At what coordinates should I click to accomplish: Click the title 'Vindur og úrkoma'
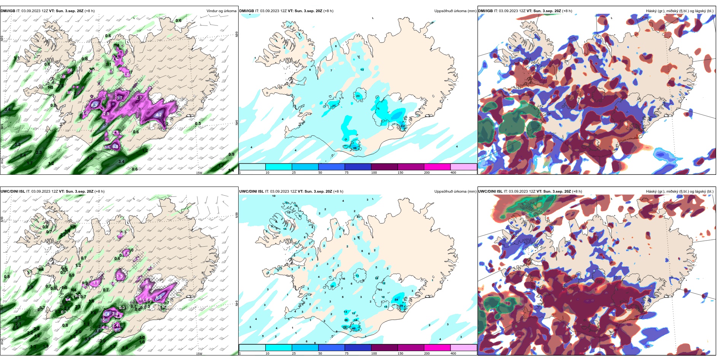pos(221,11)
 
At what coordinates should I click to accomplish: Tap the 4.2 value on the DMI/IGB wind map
pos(159,115)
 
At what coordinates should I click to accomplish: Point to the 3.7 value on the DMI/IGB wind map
pos(119,98)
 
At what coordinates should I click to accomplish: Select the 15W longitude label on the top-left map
pos(199,173)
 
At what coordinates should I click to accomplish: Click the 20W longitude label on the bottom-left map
pos(99,353)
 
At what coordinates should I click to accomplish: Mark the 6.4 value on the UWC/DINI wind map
pos(159,297)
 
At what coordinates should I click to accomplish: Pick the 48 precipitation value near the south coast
pos(355,148)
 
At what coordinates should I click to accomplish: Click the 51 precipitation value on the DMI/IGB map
pos(403,127)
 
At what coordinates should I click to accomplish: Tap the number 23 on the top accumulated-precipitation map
pos(358,96)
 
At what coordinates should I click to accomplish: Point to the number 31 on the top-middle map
pos(334,106)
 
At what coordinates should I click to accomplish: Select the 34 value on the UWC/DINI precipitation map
pos(396,300)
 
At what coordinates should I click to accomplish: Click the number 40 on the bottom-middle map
pos(354,329)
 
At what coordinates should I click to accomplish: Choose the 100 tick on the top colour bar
pos(374,173)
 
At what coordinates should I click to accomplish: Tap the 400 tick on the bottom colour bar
pos(453,353)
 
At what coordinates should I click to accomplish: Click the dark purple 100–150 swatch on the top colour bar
pos(384,167)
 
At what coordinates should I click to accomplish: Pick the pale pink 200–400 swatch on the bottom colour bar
pos(463,348)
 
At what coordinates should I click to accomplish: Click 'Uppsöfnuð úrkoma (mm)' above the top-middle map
pos(455,11)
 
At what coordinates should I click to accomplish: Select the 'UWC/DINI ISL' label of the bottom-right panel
pos(490,192)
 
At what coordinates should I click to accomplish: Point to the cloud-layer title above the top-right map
pos(680,11)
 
